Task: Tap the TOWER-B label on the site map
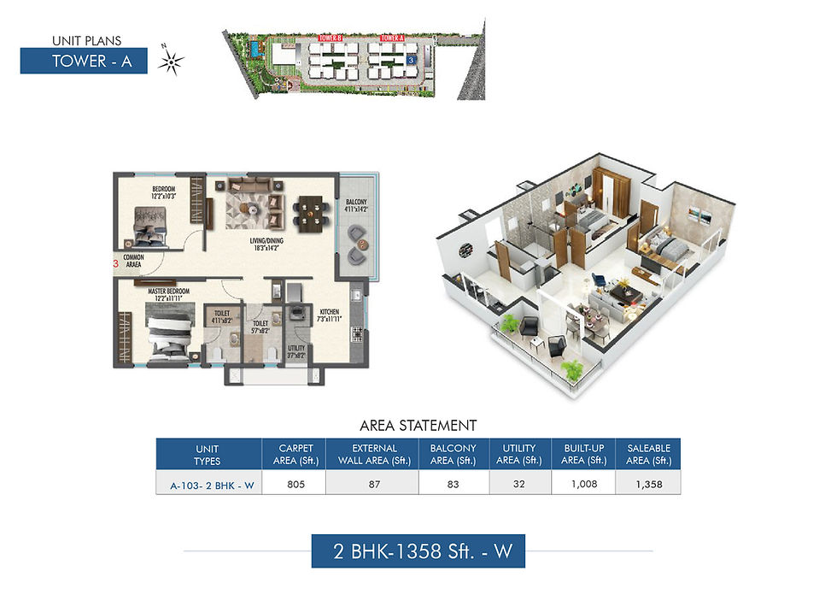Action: (331, 38)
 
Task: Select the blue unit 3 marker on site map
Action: (411, 61)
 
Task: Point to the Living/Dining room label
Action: (266, 241)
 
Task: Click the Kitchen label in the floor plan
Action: (331, 313)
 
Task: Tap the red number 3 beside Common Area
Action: (115, 265)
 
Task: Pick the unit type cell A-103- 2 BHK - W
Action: (208, 484)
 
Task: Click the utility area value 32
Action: (519, 483)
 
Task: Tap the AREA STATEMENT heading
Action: (418, 425)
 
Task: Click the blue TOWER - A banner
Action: (84, 61)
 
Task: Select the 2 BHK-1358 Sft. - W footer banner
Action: (418, 551)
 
